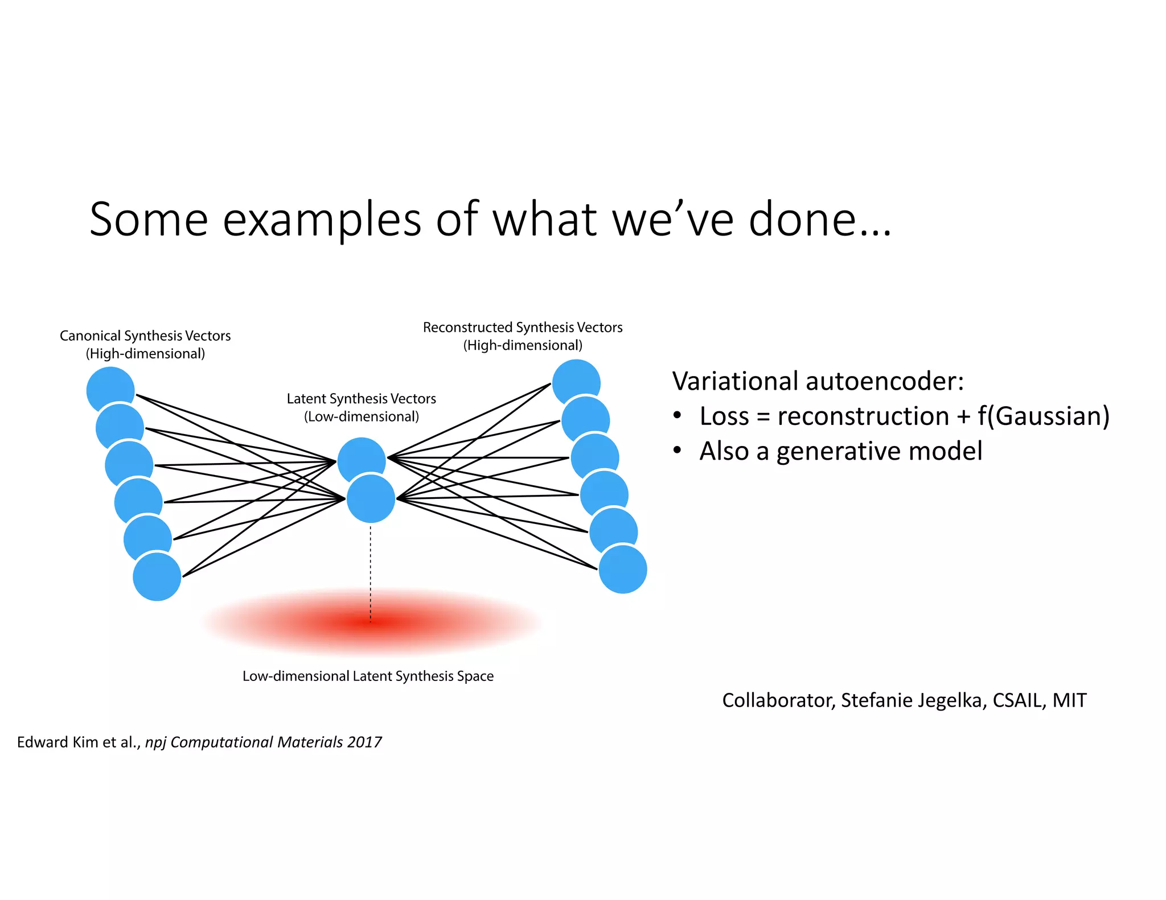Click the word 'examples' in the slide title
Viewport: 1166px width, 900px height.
coord(322,220)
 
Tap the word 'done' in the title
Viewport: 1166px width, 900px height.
coord(802,220)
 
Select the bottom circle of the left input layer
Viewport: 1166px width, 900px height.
coord(157,576)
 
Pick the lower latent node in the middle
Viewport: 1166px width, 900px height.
coord(371,499)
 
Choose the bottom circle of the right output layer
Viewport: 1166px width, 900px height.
coord(623,569)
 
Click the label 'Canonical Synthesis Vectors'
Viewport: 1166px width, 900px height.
coord(145,336)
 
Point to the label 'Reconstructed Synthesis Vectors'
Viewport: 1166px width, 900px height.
coord(523,328)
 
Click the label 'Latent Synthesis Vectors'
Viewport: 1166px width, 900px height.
coord(361,399)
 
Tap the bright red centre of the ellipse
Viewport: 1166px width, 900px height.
coord(371,624)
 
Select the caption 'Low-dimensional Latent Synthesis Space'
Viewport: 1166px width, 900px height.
coord(368,676)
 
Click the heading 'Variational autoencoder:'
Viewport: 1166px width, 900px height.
coord(818,381)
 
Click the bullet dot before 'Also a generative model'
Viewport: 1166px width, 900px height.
coord(677,451)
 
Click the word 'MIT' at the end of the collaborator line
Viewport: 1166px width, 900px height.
coord(1069,700)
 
